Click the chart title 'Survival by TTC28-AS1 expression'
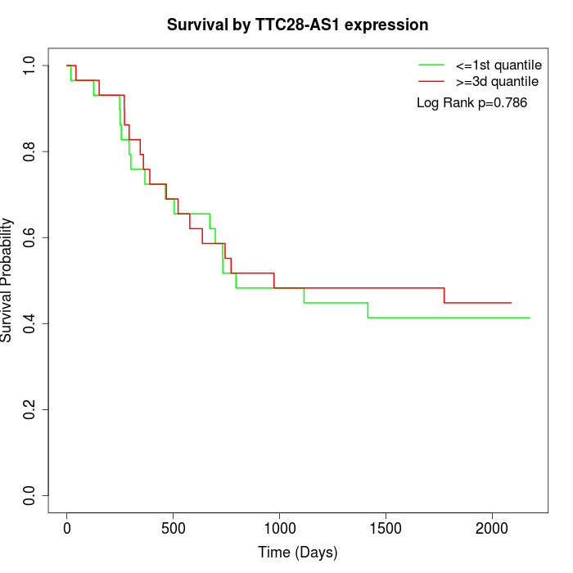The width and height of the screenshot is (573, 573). pos(297,25)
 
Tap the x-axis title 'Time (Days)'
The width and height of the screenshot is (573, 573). pos(297,553)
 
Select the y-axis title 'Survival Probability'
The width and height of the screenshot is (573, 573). pos(7,280)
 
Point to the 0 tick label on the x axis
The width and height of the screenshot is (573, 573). pos(67,527)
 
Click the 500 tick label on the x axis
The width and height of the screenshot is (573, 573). pos(174,527)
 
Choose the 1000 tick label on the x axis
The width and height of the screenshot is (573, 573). pos(279,527)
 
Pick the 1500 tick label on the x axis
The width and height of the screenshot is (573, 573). pos(386,527)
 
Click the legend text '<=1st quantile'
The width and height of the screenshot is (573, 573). pos(499,65)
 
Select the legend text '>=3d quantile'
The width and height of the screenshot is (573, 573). pos(497,82)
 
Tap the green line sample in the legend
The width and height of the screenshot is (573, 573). pos(431,65)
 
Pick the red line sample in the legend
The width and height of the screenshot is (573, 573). pos(431,82)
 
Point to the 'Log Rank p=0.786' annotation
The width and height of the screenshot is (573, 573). pos(471,103)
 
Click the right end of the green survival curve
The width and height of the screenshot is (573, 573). pos(530,318)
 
